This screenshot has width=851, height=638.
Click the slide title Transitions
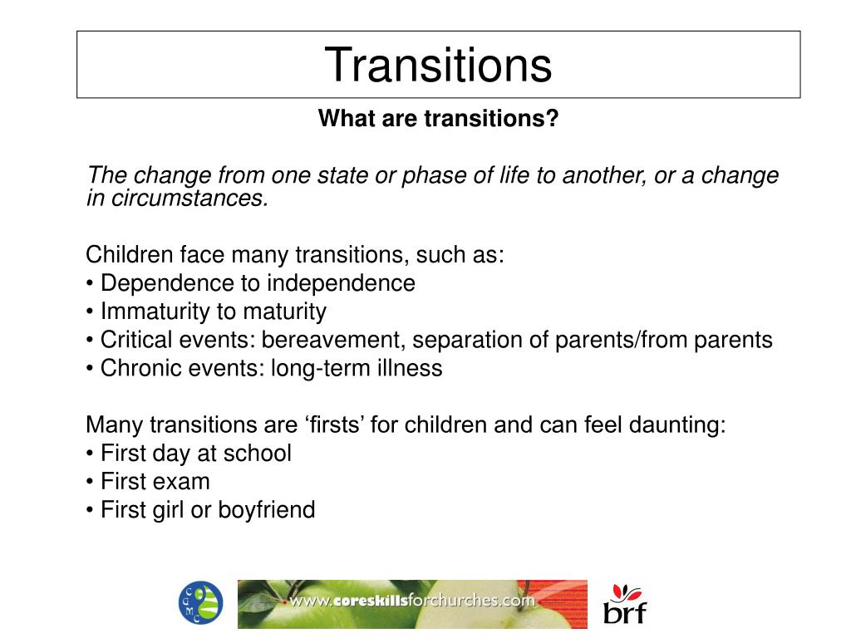pos(438,65)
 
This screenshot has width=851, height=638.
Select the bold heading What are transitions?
pos(439,119)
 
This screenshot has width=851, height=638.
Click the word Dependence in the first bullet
pos(168,283)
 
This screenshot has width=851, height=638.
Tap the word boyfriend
pos(267,510)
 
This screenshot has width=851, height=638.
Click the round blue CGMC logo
pos(200,603)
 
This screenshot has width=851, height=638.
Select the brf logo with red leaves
pos(624,604)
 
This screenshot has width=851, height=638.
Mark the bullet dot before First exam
pos(90,483)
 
